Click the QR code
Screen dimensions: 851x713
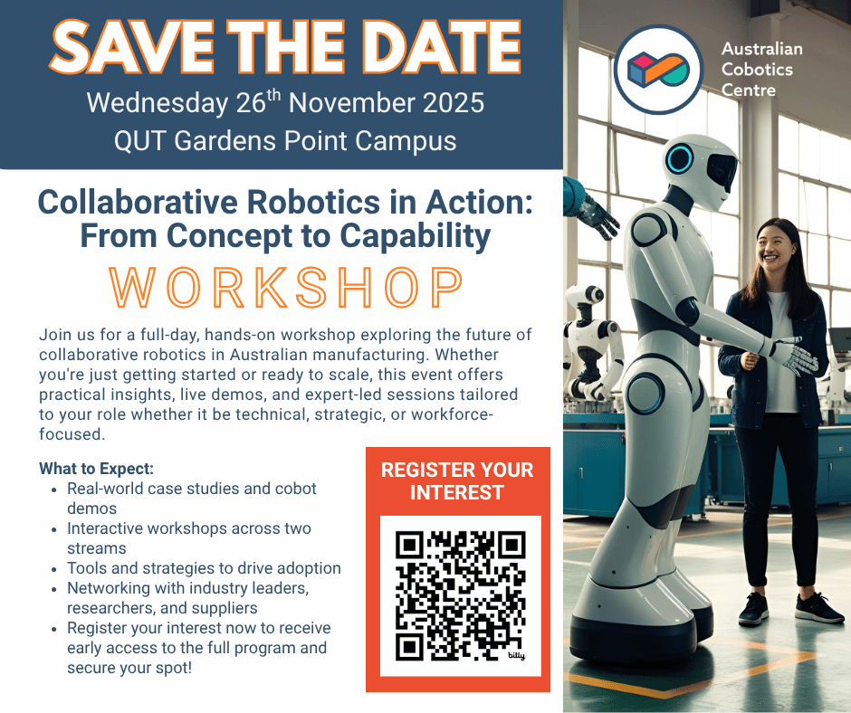460,595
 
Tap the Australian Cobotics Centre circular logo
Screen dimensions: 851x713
658,69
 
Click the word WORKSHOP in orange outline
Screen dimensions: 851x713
286,287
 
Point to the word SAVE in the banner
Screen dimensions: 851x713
131,47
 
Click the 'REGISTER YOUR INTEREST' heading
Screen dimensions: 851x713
457,480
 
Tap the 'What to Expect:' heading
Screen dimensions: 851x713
97,469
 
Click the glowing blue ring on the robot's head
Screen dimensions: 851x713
680,159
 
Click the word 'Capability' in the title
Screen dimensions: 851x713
416,236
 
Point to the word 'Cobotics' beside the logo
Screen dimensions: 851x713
757,70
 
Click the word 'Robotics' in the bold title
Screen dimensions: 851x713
313,203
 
